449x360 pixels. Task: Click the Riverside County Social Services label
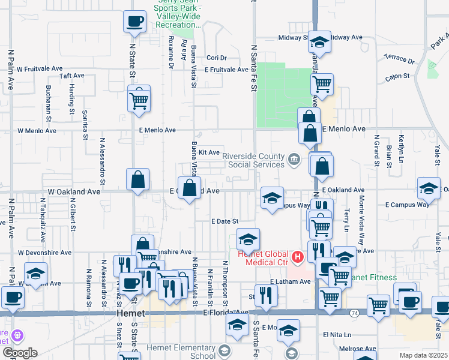253,160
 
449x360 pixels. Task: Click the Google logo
20,353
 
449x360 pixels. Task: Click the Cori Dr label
216,58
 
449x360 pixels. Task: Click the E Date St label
225,221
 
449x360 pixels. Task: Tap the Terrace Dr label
399,59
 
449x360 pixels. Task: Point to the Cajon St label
397,76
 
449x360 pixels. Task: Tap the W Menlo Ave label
37,130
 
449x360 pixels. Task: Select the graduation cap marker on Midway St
320,41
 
